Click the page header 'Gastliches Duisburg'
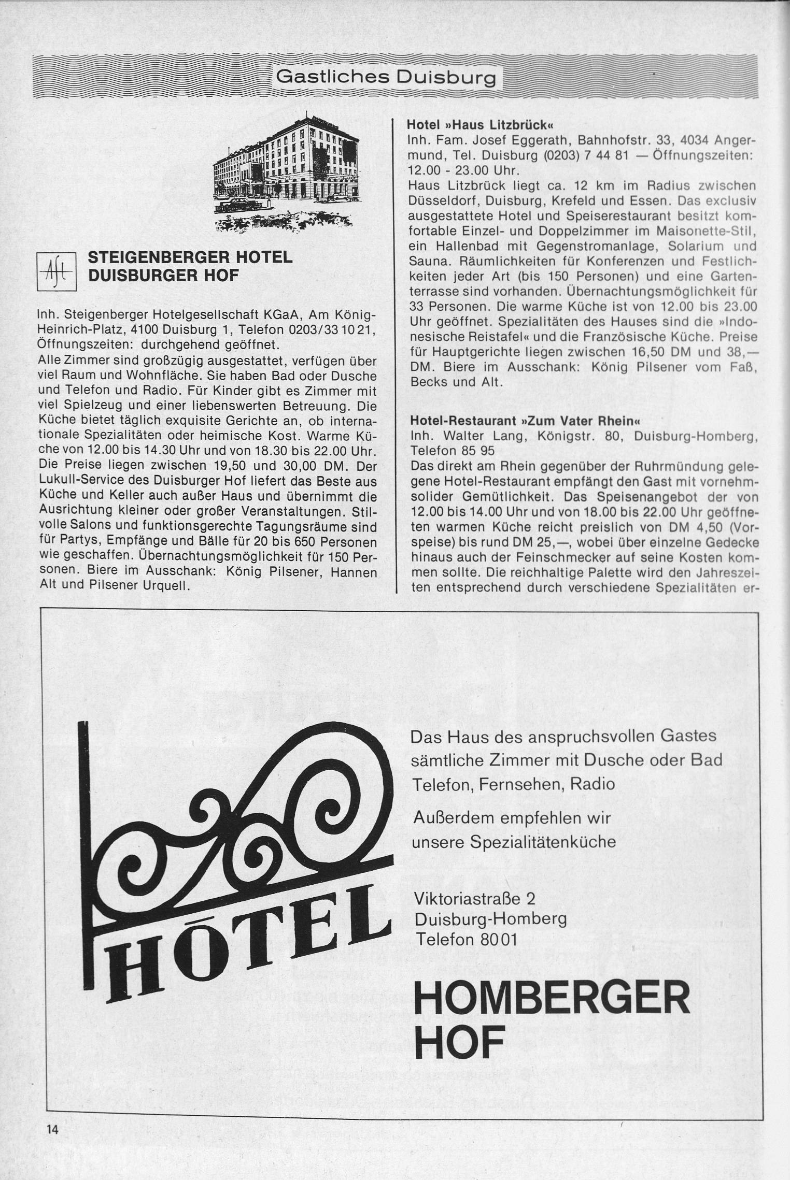coord(386,78)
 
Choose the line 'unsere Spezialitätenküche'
coord(514,842)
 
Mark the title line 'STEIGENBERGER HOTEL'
coord(190,257)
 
